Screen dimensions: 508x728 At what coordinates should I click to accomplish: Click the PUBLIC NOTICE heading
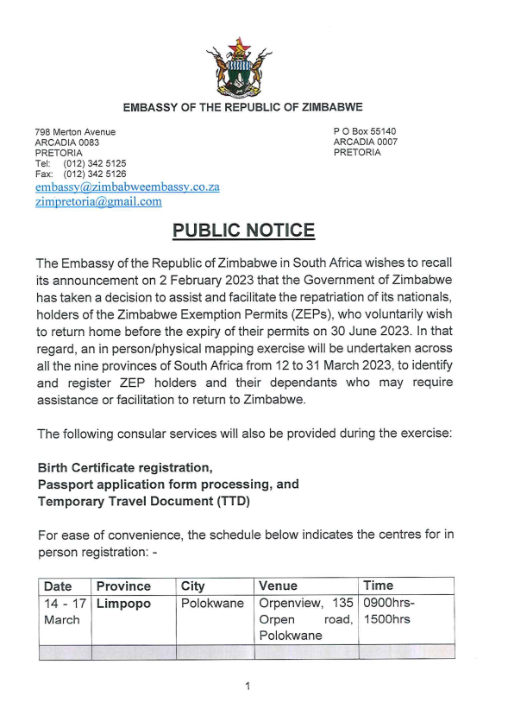coord(243,231)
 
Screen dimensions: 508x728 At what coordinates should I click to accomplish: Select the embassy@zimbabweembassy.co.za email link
coord(128,187)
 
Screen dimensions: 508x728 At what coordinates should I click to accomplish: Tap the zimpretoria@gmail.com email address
coord(98,201)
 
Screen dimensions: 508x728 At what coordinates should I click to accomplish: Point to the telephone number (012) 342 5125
coord(94,163)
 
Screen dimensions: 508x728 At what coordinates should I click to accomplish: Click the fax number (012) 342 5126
coord(94,174)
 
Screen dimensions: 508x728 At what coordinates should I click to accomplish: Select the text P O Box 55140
coord(365,131)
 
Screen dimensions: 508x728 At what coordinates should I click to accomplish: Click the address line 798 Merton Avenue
coord(75,131)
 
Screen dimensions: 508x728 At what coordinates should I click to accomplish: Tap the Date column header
coord(58,586)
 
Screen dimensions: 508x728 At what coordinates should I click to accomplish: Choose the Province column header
coord(123,586)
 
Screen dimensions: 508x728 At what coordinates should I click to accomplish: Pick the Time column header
coord(378,586)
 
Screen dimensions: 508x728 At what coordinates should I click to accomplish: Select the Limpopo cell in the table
coord(123,604)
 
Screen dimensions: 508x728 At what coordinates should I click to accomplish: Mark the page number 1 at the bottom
coord(248,687)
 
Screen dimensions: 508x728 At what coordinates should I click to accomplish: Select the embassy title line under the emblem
coord(242,107)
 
